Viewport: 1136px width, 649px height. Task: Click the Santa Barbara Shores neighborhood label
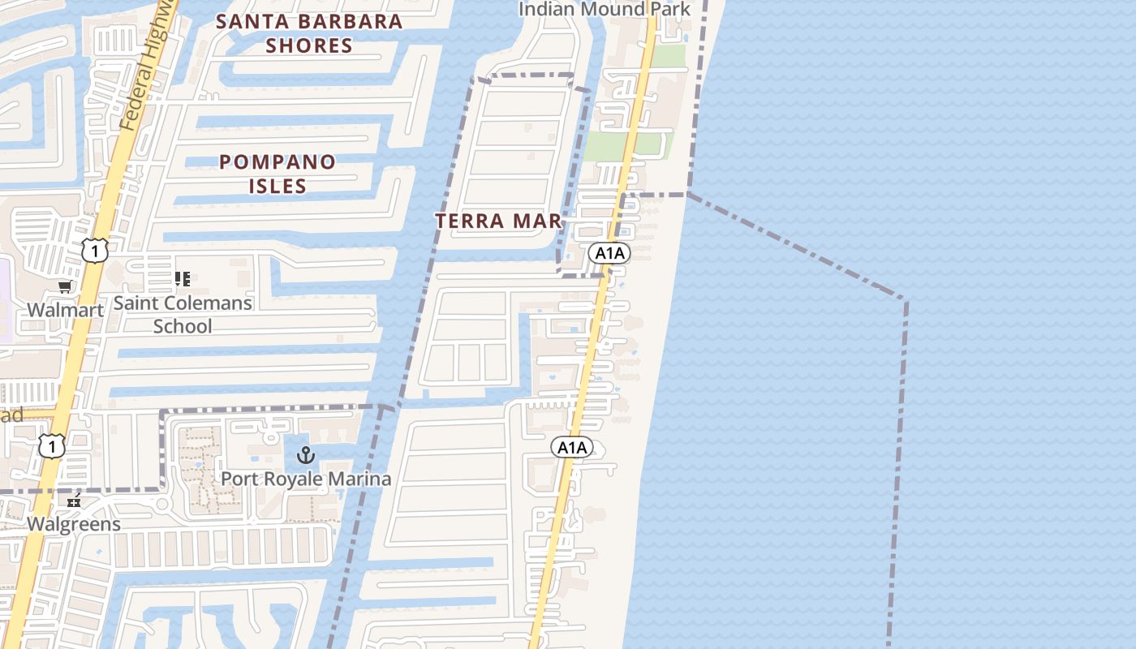[309, 32]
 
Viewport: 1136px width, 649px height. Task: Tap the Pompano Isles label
[278, 174]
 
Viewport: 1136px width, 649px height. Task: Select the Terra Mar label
[498, 221]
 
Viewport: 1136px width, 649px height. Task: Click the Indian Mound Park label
[604, 10]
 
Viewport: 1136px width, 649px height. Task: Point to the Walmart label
[65, 310]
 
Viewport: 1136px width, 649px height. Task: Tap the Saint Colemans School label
[183, 315]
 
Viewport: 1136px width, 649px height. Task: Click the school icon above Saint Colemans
[183, 279]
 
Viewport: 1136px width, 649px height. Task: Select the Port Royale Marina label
[306, 479]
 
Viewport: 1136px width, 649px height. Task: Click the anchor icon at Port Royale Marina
[306, 455]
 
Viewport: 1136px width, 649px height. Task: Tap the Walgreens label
[74, 524]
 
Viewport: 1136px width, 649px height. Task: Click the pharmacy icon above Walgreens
[75, 501]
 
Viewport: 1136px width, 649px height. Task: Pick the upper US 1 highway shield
[95, 251]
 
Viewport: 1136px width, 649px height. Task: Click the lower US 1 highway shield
[52, 445]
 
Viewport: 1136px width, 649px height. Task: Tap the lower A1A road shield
[571, 447]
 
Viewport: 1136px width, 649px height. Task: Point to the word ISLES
[278, 186]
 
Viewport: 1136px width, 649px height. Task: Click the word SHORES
[309, 45]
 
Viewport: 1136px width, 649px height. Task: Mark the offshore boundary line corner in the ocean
[905, 300]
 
